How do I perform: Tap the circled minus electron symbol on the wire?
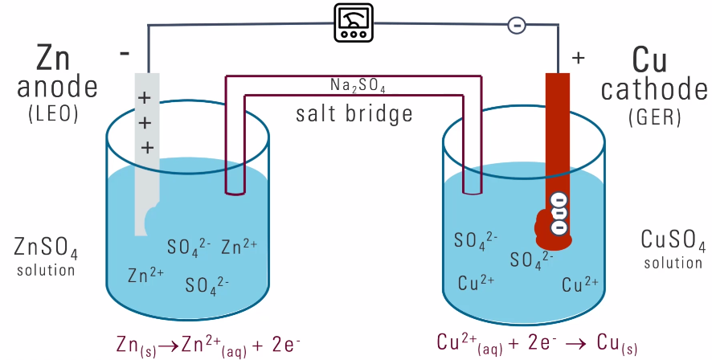pos(517,25)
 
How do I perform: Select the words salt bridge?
pos(354,112)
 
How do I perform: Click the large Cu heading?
pos(653,58)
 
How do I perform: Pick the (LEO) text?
pos(53,115)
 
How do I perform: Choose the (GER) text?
pos(654,117)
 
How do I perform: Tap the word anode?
pos(56,87)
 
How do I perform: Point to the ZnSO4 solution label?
pos(46,256)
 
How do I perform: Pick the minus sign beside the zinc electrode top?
pos(125,54)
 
